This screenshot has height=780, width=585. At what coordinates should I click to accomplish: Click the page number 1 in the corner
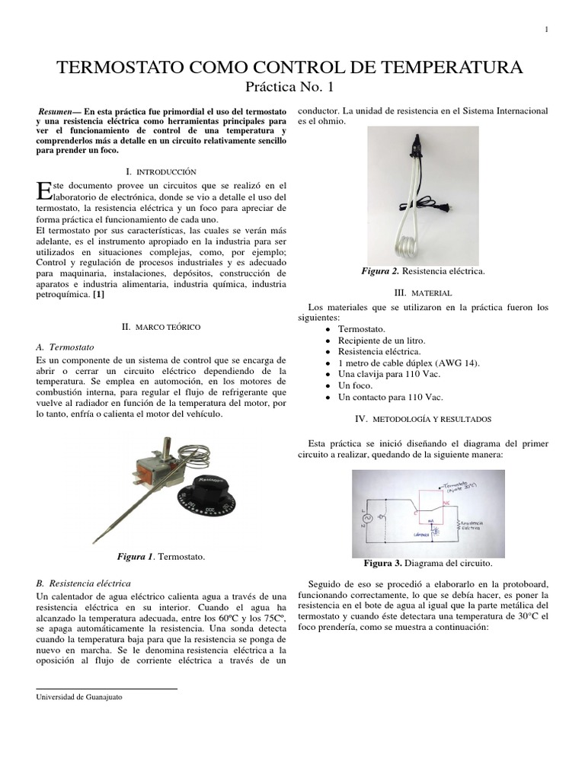click(546, 30)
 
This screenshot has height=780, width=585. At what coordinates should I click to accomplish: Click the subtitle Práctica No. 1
click(291, 88)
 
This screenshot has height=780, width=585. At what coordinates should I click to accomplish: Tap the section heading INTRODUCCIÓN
click(161, 173)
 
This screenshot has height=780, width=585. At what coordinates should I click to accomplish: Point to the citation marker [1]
click(99, 294)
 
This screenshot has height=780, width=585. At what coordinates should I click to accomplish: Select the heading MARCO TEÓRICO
click(161, 327)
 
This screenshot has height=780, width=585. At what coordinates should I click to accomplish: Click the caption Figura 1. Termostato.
click(161, 558)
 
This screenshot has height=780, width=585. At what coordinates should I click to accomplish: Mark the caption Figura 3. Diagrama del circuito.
click(427, 564)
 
